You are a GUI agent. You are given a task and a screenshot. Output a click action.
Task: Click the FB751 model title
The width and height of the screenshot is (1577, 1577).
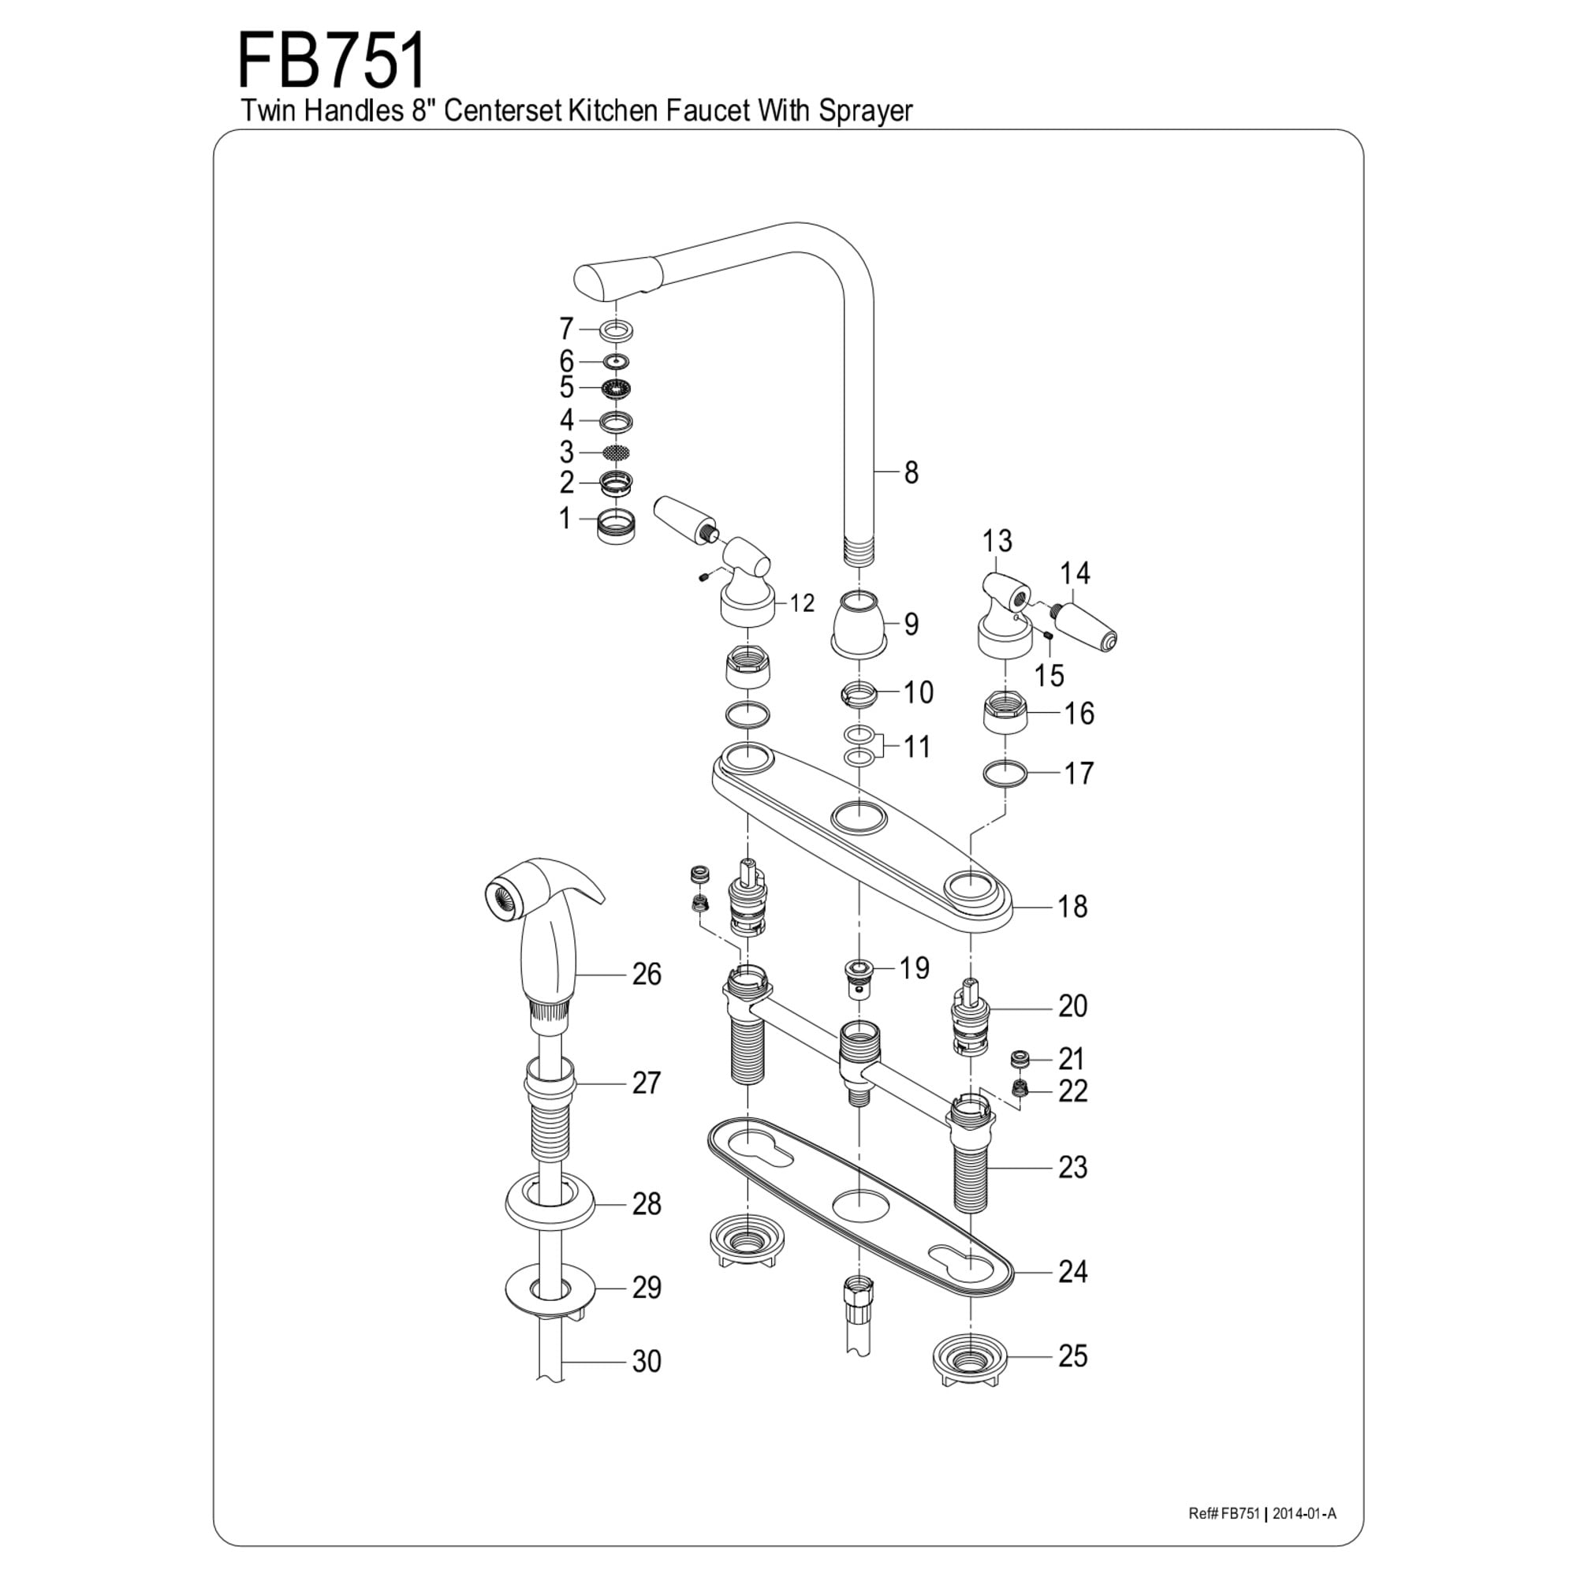tap(331, 62)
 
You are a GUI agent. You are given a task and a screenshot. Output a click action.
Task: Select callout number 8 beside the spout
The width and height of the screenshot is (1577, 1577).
tap(911, 472)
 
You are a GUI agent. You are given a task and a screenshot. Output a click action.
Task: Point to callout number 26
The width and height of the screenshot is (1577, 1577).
tap(647, 974)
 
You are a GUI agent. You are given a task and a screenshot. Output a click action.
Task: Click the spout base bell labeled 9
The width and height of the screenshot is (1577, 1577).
tap(859, 624)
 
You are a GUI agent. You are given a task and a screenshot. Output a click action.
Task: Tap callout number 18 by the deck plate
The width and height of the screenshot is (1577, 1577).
tap(1072, 907)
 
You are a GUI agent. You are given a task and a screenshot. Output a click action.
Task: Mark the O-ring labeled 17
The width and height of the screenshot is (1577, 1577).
tap(1005, 772)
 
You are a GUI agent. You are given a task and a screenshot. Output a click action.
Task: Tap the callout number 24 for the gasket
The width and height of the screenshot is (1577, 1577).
tap(1072, 1271)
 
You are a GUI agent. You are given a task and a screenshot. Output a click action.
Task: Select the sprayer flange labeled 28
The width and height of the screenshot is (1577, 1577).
tap(550, 1203)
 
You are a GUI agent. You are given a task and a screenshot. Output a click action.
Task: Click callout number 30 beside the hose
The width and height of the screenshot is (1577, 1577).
tap(647, 1361)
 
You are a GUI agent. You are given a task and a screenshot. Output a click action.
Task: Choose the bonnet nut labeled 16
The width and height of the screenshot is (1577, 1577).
tap(1005, 712)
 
